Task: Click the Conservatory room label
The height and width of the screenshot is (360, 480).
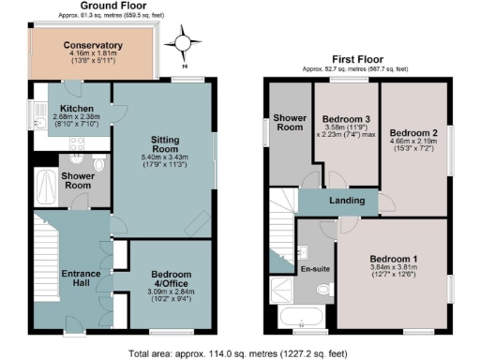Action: click(94, 45)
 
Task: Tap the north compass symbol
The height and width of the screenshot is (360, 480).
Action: click(184, 42)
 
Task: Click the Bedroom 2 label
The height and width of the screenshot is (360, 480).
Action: click(413, 132)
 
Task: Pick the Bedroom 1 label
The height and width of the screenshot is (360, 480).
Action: click(395, 258)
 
